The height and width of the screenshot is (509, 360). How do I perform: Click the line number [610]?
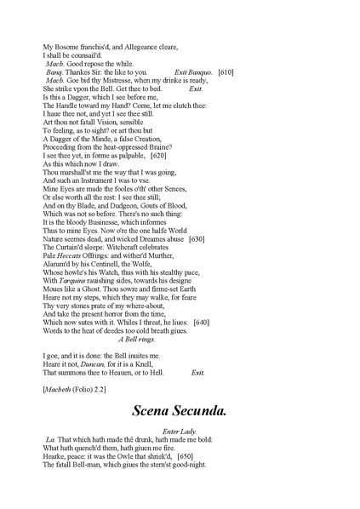(226, 72)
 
